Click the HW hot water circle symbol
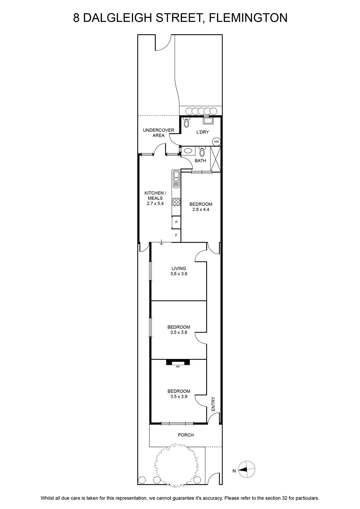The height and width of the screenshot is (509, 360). coord(216,142)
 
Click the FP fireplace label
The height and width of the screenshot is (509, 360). coord(178,367)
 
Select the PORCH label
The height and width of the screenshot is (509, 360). coord(186,435)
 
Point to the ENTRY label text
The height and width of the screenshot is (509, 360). coord(213,404)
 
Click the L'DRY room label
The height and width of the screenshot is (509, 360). coord(202,132)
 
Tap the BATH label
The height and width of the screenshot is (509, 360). coord(200,161)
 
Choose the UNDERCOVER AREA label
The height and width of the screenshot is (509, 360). coord(159,133)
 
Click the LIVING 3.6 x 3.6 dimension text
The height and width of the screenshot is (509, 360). coord(179,274)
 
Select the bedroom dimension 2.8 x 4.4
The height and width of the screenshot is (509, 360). coord(201,210)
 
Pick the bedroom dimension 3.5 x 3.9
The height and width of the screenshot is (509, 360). coord(179,397)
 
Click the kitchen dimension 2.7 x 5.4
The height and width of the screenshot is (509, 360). coord(155,204)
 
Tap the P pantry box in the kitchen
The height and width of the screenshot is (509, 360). coord(176,222)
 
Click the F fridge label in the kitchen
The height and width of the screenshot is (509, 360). coord(176,235)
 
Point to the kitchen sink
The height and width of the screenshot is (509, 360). coord(176,179)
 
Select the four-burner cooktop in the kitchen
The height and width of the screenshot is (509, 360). coord(176,202)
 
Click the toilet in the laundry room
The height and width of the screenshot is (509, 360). coord(187,123)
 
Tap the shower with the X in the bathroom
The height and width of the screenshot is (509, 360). coord(215,159)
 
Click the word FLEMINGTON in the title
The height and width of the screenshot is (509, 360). coord(248,18)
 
